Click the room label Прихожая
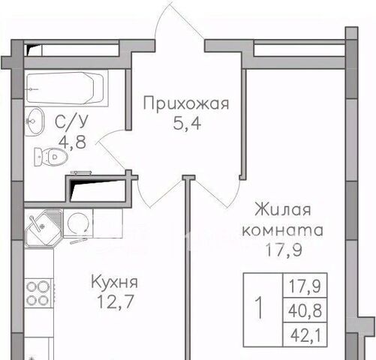click(x=186, y=103)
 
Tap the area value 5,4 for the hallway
click(x=187, y=124)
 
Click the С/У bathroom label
click(x=71, y=122)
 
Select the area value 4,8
click(x=72, y=142)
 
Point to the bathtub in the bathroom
click(x=65, y=88)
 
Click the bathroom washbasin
click(x=35, y=121)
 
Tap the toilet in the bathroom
click(x=51, y=157)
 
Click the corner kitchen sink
click(x=44, y=228)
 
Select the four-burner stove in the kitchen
click(x=38, y=293)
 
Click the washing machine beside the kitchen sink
click(x=78, y=223)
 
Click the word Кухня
click(x=114, y=282)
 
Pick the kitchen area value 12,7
click(x=115, y=301)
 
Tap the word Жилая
click(x=283, y=209)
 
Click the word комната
click(x=283, y=230)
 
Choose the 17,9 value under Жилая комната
click(x=284, y=250)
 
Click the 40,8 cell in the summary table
click(x=305, y=310)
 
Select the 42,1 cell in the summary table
click(x=305, y=335)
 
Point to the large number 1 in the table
click(x=260, y=307)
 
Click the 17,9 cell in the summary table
click(x=305, y=286)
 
